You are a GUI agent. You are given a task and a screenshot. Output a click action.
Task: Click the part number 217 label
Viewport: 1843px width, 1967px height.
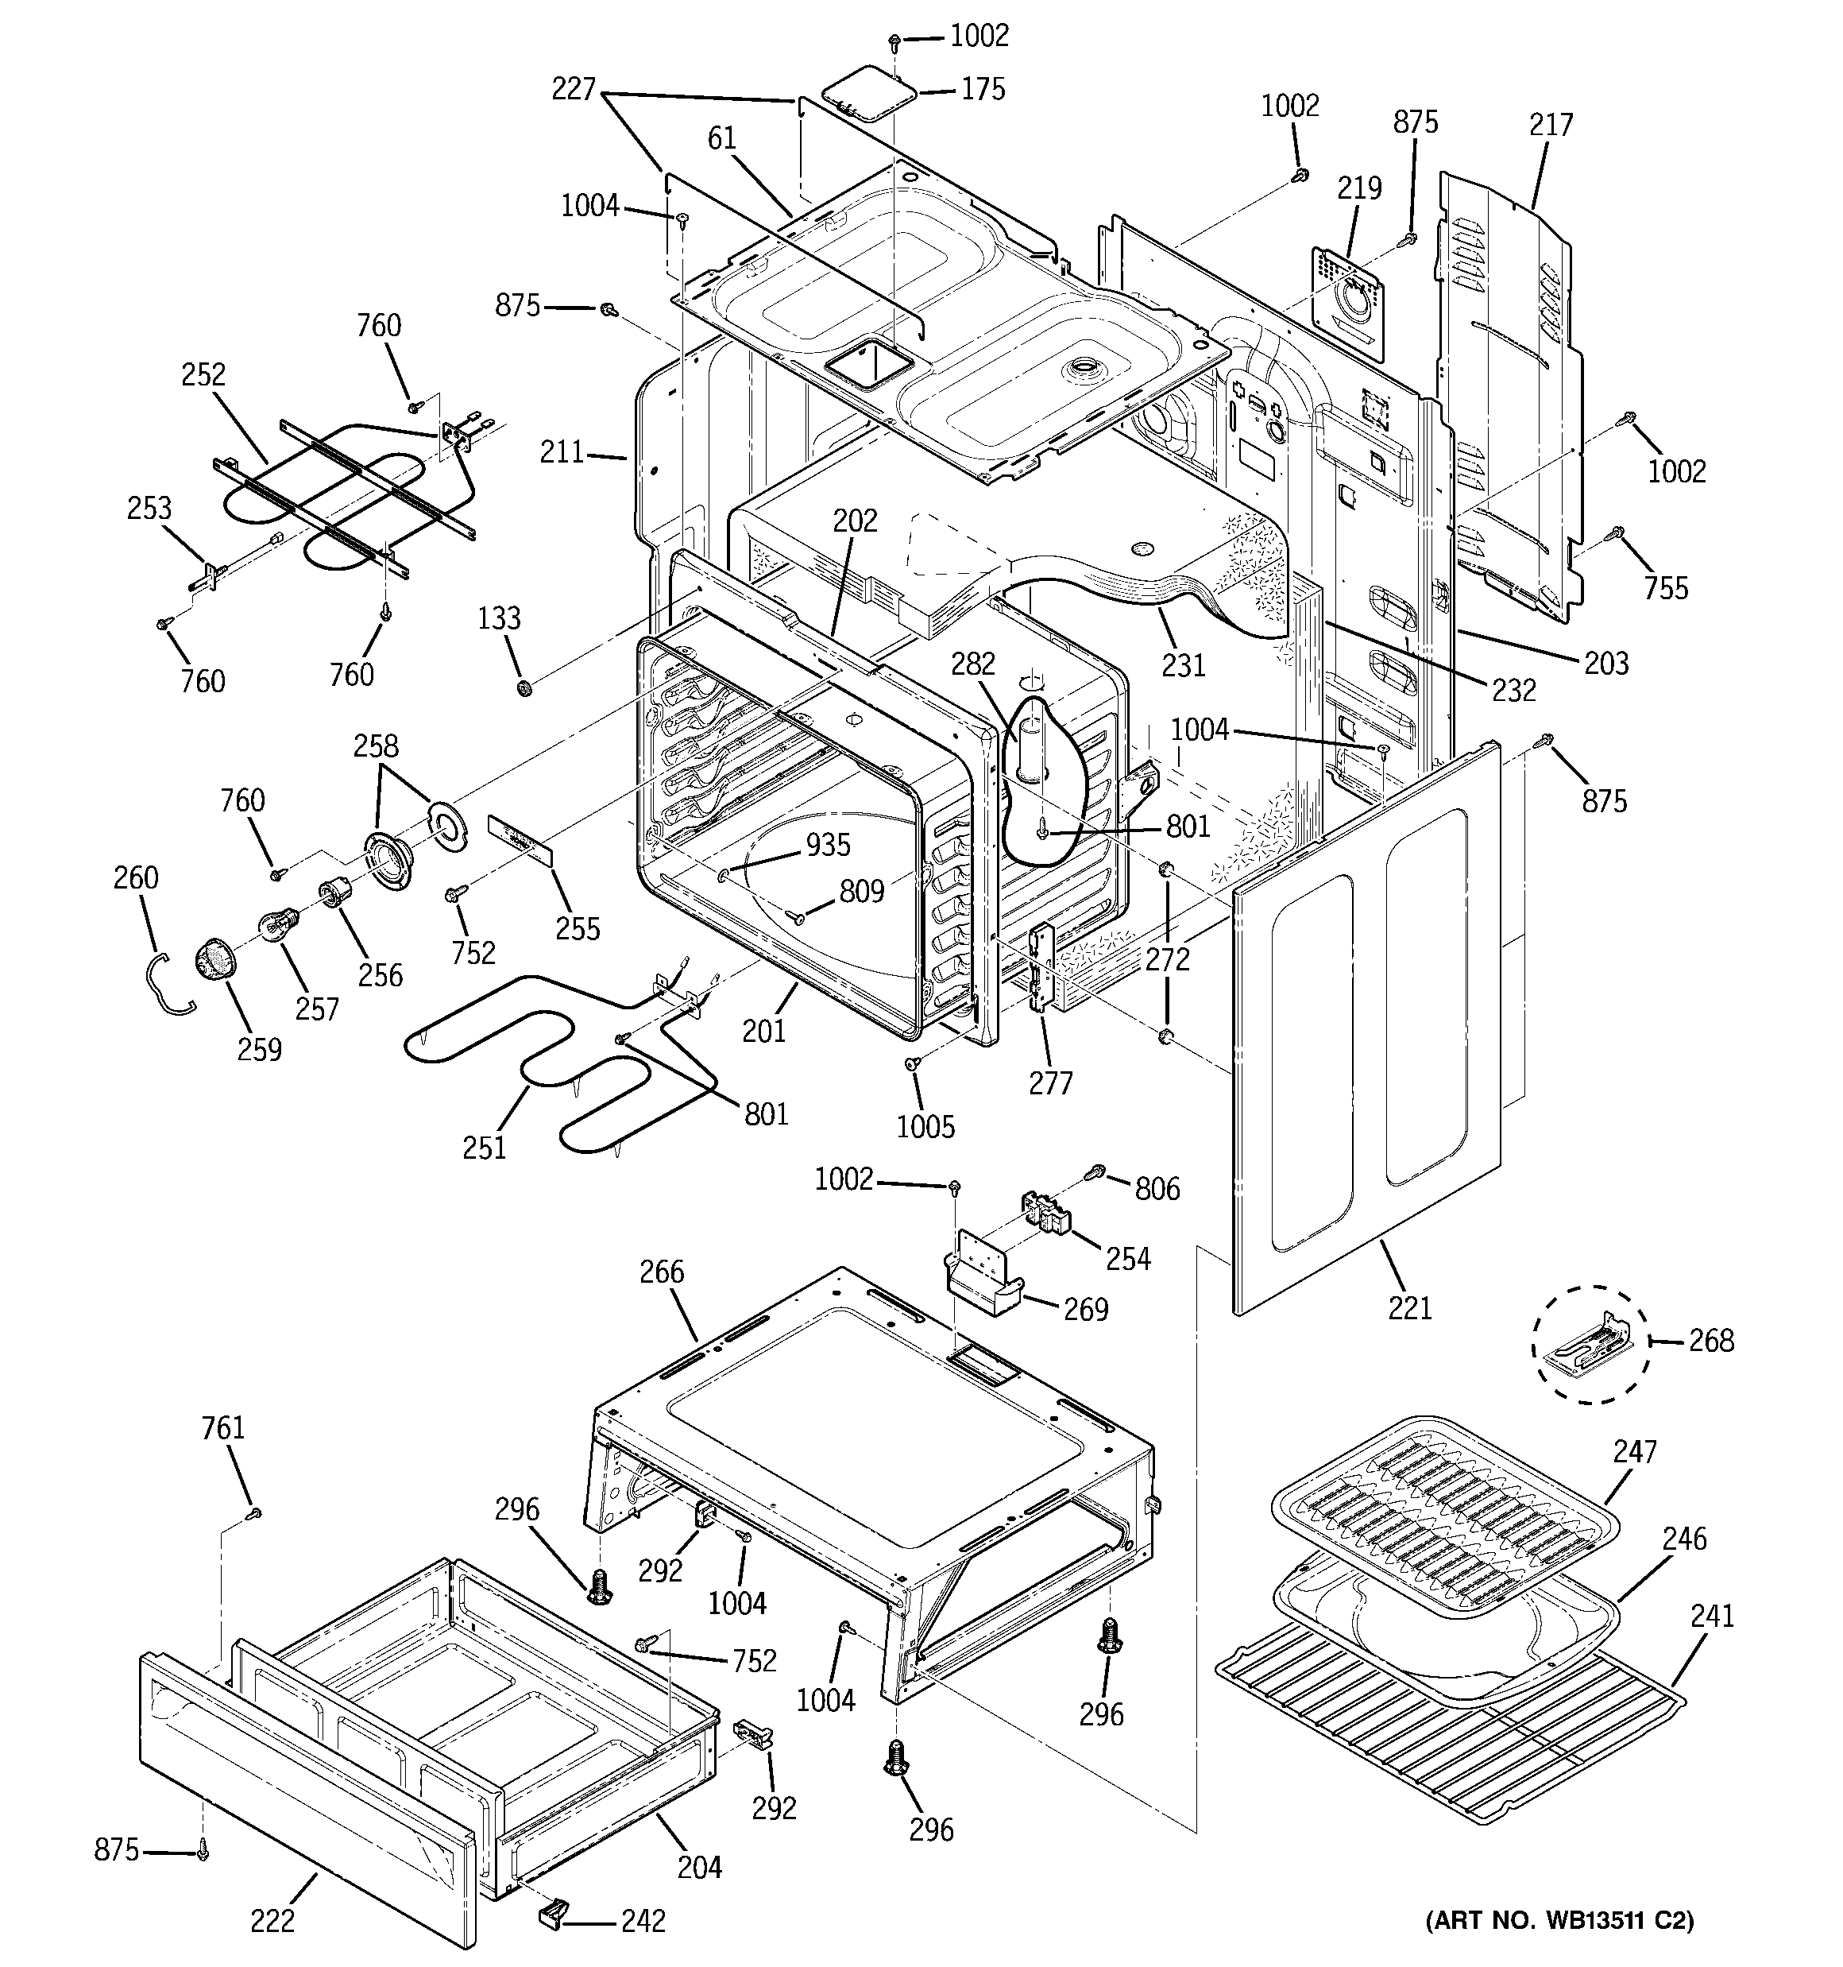pos(1550,125)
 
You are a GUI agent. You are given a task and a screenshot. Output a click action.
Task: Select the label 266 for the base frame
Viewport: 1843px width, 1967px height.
pos(661,1272)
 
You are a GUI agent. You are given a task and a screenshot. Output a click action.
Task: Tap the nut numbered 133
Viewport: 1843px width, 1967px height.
pos(525,687)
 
